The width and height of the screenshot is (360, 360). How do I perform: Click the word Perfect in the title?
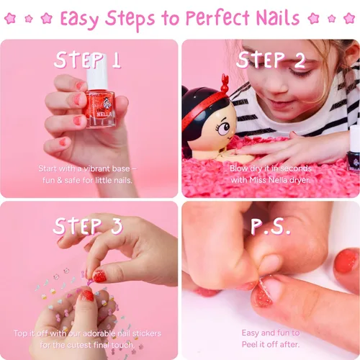click(217, 18)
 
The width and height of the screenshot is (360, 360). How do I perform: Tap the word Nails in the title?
click(278, 17)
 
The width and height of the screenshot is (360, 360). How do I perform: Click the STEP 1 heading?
click(87, 60)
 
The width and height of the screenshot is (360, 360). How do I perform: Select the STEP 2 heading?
click(271, 60)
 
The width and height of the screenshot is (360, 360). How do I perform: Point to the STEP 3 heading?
click(88, 226)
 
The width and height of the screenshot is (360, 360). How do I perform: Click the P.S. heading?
click(271, 226)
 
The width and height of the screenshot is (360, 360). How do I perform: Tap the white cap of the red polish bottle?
click(96, 72)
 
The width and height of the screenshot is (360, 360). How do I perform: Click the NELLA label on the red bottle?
click(104, 114)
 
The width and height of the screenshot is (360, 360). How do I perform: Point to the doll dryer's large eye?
click(224, 128)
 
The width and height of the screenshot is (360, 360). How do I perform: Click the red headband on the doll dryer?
click(204, 107)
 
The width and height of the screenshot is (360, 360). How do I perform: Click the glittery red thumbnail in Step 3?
click(100, 276)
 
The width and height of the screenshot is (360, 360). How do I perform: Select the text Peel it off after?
click(271, 345)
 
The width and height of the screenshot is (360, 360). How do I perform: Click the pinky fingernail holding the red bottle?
click(63, 142)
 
